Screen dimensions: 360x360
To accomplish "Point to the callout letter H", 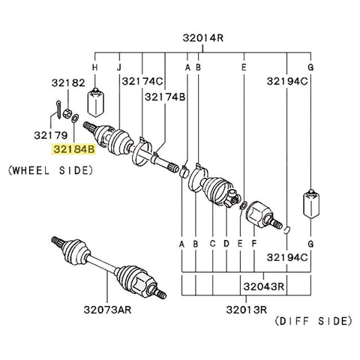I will (94, 68).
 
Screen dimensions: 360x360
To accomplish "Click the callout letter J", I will (118, 68).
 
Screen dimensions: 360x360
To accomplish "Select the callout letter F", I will (255, 244).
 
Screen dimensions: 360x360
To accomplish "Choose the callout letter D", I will (226, 244).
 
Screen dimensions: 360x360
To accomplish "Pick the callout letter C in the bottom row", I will (212, 244).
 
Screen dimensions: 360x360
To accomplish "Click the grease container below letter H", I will (94, 101).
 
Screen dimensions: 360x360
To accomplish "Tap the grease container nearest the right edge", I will (310, 202).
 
